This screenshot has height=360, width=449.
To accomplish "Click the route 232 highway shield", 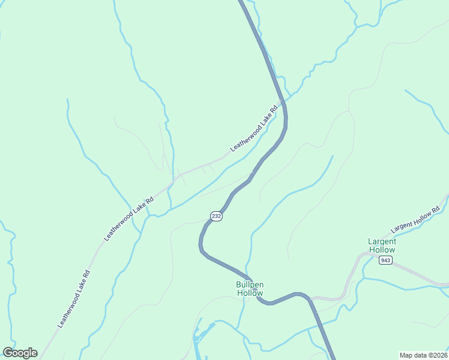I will click(x=217, y=216).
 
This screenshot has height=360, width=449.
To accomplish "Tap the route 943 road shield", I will click(x=385, y=260).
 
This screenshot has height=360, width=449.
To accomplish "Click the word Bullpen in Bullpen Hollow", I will click(x=250, y=284).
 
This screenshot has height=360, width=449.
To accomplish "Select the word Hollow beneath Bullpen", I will click(x=250, y=293).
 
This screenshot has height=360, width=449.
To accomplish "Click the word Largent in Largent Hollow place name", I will click(x=382, y=241).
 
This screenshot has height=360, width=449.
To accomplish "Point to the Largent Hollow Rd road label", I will click(x=415, y=220).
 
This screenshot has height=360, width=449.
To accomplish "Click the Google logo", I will click(x=20, y=353).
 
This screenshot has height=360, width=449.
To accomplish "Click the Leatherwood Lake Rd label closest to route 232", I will click(x=255, y=128).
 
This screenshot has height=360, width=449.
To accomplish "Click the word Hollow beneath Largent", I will click(x=382, y=250).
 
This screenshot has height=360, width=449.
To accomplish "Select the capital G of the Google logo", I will click(x=8, y=353).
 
